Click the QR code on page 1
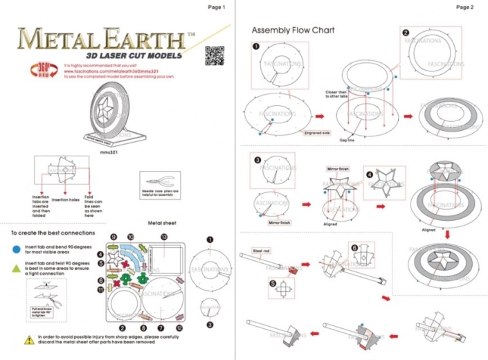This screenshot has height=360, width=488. pyautogui.click(x=215, y=55)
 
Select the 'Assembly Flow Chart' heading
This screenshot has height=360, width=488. pyautogui.click(x=293, y=30)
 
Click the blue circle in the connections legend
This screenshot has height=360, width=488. pyautogui.click(x=15, y=247)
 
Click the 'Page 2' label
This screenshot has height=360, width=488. pyautogui.click(x=464, y=7)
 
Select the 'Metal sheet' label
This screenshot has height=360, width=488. pyautogui.click(x=161, y=223)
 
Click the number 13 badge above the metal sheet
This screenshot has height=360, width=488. pyautogui.click(x=164, y=237)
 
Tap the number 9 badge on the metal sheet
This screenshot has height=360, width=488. pyautogui.click(x=113, y=237)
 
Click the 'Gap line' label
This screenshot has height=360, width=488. pyautogui.click(x=347, y=139)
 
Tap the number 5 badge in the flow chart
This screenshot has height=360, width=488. pyautogui.click(x=272, y=284)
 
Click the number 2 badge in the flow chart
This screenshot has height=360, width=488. pyautogui.click(x=406, y=33)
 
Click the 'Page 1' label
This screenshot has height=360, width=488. pyautogui.click(x=217, y=7)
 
